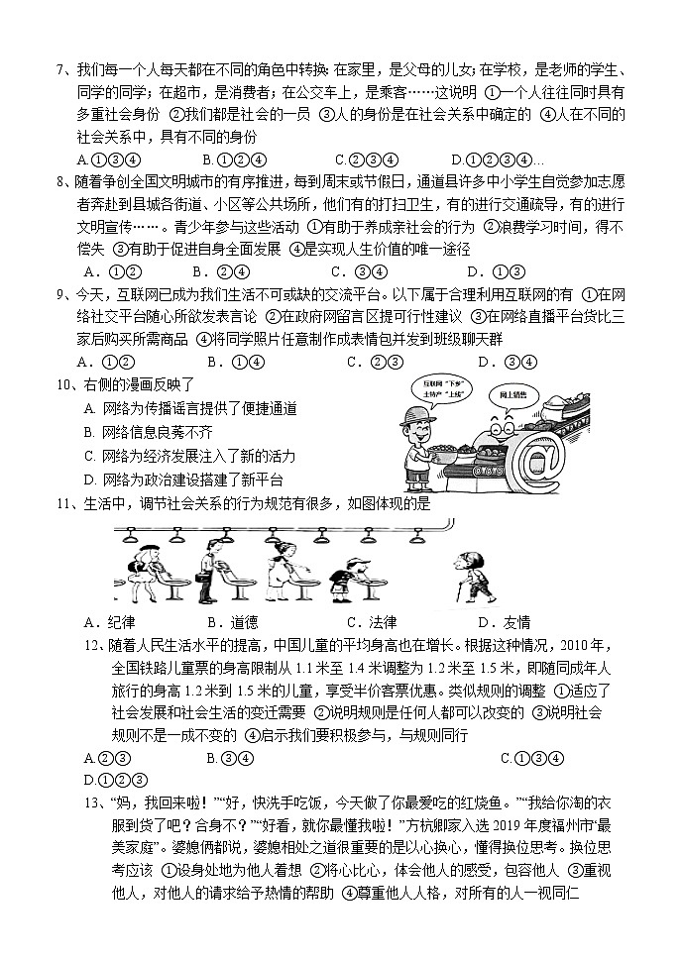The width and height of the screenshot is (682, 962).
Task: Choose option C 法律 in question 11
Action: (372, 622)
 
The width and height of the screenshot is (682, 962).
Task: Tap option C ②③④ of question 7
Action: (367, 160)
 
